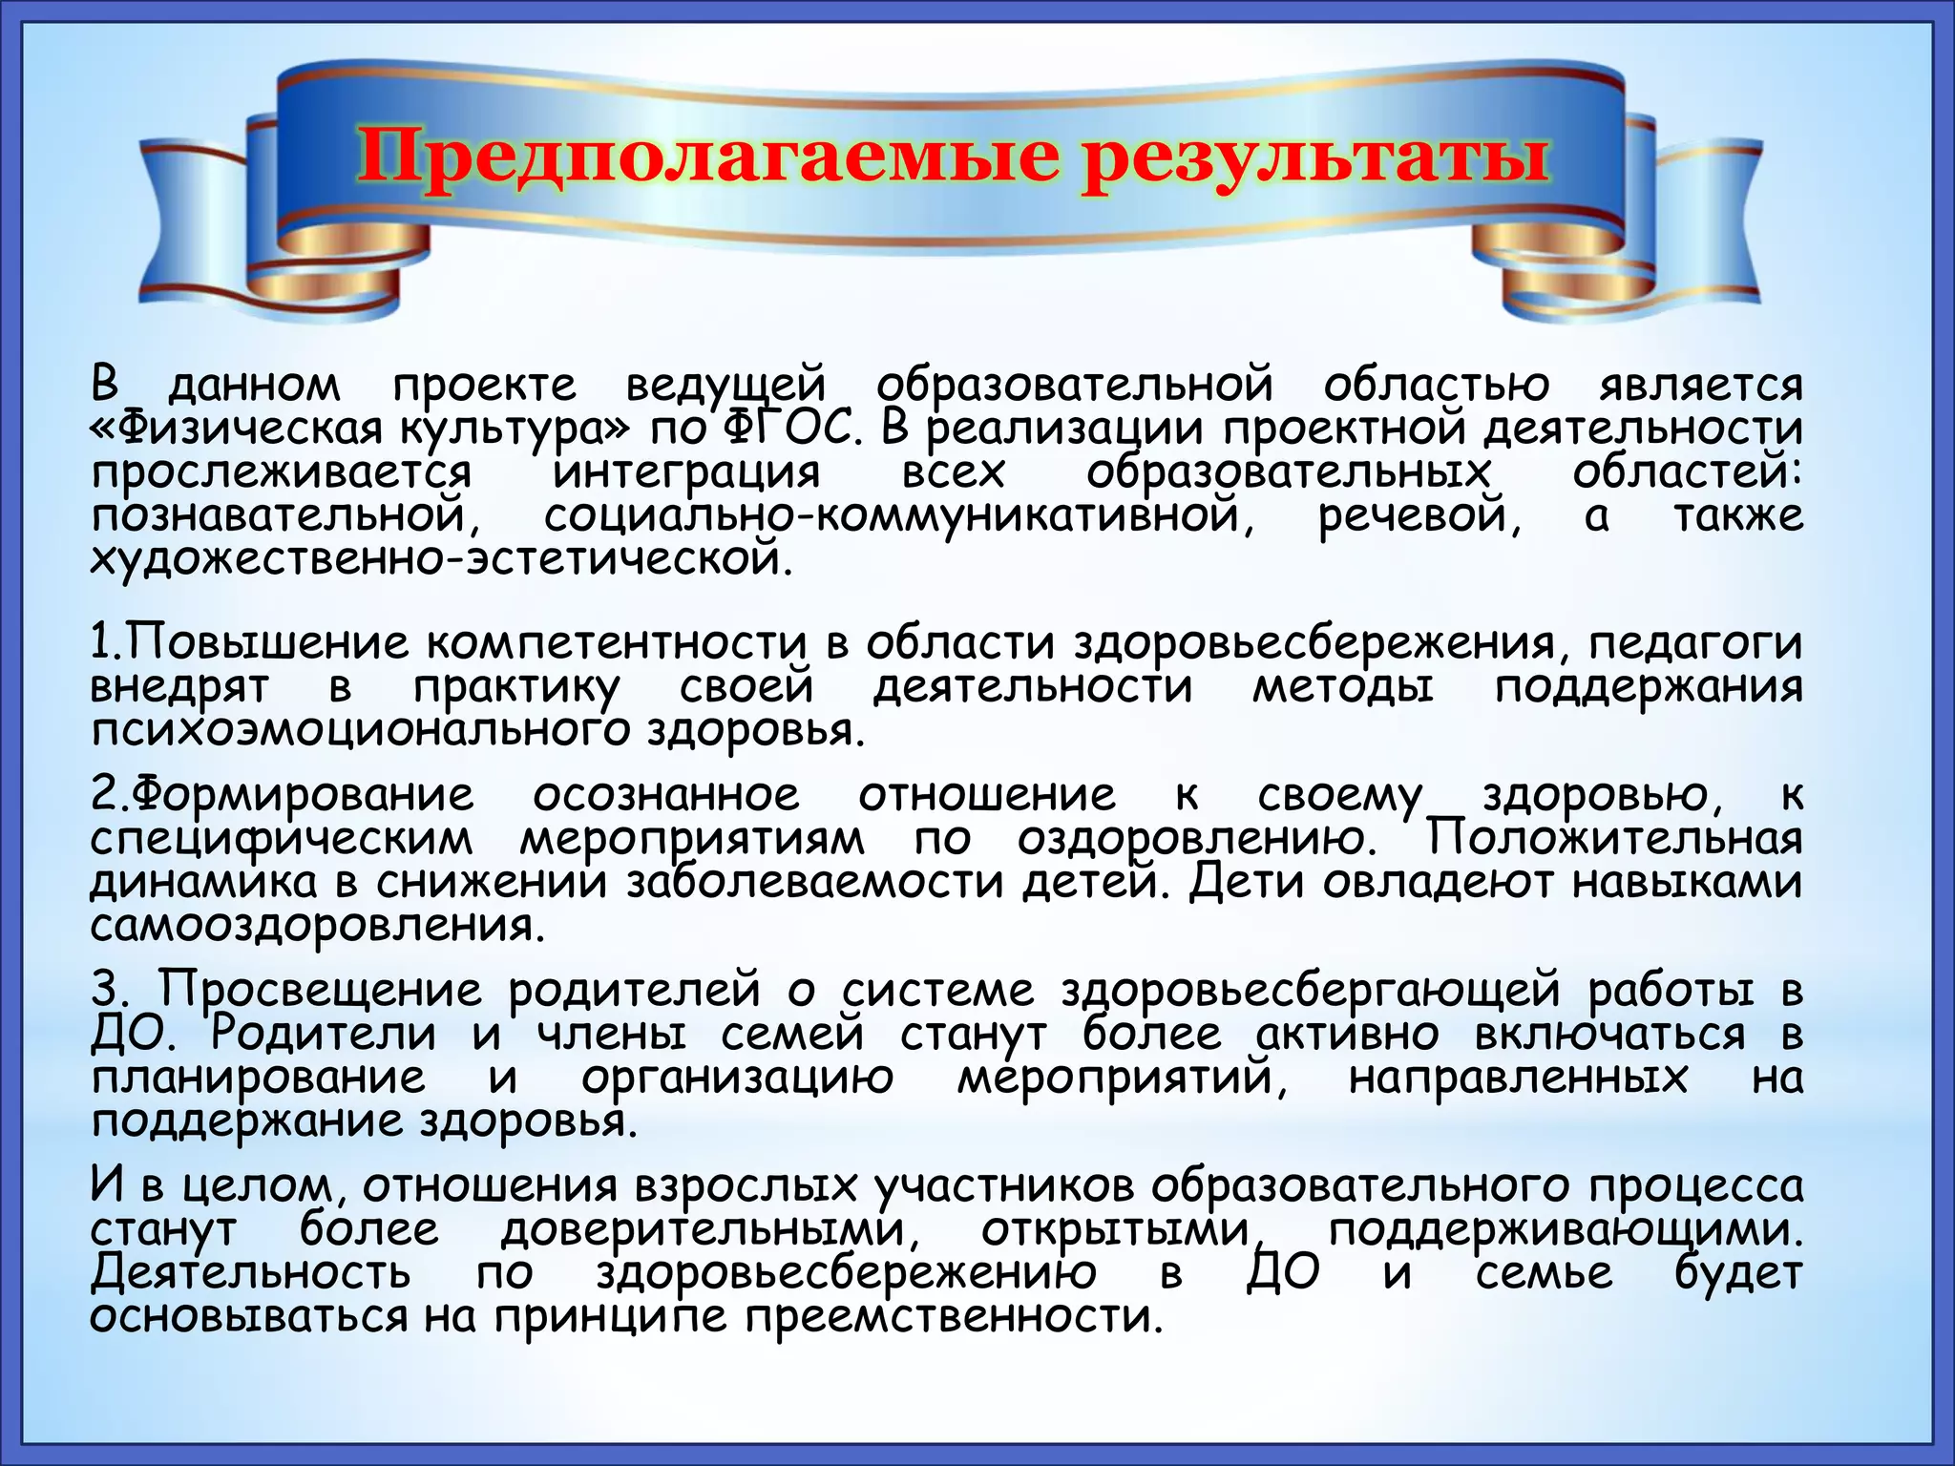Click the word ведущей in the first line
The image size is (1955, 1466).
click(725, 386)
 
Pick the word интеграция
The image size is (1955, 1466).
click(686, 472)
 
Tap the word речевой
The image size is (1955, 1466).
click(1419, 516)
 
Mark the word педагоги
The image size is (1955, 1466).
click(1695, 644)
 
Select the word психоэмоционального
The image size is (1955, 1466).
click(361, 730)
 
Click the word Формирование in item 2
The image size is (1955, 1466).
click(302, 795)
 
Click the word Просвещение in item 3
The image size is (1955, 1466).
click(320, 990)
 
